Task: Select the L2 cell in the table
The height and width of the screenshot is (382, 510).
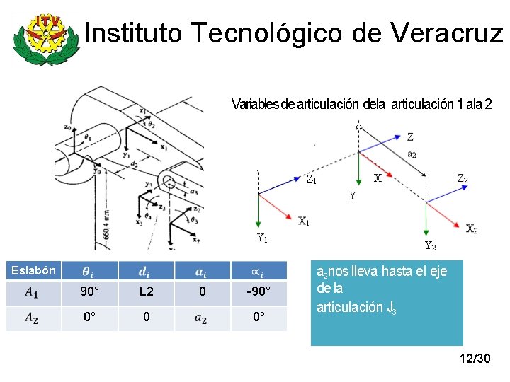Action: click(146, 291)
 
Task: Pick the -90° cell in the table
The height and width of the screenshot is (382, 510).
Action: click(259, 291)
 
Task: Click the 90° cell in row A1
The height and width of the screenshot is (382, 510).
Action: click(89, 291)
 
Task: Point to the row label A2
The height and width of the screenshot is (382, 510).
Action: click(31, 318)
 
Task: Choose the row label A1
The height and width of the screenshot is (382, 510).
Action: click(31, 291)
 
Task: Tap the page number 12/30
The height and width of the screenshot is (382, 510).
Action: click(475, 359)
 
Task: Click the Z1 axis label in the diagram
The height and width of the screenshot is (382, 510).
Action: click(311, 179)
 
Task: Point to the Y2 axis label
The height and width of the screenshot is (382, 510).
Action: click(430, 246)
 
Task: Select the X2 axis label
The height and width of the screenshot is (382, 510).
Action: click(472, 228)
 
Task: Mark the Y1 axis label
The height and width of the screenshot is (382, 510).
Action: click(262, 238)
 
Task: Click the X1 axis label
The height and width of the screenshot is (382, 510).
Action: click(304, 221)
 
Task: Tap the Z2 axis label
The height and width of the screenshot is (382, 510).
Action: click(462, 179)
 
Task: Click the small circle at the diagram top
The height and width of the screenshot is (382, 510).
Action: click(359, 127)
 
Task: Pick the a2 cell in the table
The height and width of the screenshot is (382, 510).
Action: click(203, 318)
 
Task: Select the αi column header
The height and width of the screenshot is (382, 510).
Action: click(259, 271)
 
